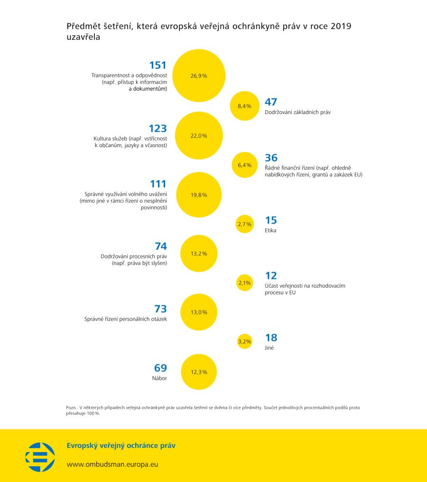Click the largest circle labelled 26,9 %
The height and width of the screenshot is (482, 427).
pos(199,76)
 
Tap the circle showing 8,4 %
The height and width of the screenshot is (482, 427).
pos(244,106)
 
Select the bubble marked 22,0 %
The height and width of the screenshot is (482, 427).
pos(199,135)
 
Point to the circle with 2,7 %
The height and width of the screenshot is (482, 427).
pos(244,224)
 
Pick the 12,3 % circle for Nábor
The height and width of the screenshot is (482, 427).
pos(199,372)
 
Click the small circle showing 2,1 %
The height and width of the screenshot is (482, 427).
pos(244,283)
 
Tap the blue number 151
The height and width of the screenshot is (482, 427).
pos(158,65)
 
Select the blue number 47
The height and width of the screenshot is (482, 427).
pos(271,102)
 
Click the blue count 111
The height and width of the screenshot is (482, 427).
pos(158,184)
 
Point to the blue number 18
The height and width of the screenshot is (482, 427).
pos(271,338)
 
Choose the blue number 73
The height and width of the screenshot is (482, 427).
pos(161,309)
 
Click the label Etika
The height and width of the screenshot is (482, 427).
pos(270,230)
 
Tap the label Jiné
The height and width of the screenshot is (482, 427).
pos(269,348)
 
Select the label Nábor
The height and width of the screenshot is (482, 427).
pos(159,378)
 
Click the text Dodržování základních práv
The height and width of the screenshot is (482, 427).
pos(297,112)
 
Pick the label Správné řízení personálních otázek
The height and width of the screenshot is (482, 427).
pos(126,319)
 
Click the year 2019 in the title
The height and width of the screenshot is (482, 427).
pos(341,26)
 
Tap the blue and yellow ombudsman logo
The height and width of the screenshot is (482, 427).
pos(40,457)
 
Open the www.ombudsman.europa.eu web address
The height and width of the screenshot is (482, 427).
pos(112,464)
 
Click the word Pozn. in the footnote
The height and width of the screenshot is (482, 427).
pos(72,407)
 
